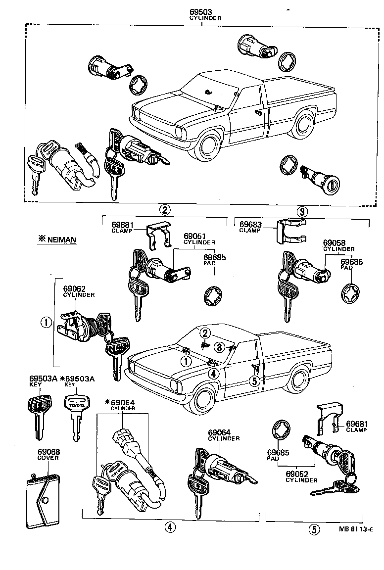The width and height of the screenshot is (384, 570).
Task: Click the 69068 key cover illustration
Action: tap(42, 500)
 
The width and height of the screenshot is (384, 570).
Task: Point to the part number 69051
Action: tap(195, 236)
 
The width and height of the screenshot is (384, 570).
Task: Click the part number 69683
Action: tap(251, 224)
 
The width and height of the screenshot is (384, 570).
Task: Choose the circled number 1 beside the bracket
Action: tap(45, 323)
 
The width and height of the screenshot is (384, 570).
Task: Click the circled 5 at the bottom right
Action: tap(313, 529)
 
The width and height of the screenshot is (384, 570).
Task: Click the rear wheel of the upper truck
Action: tap(302, 125)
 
